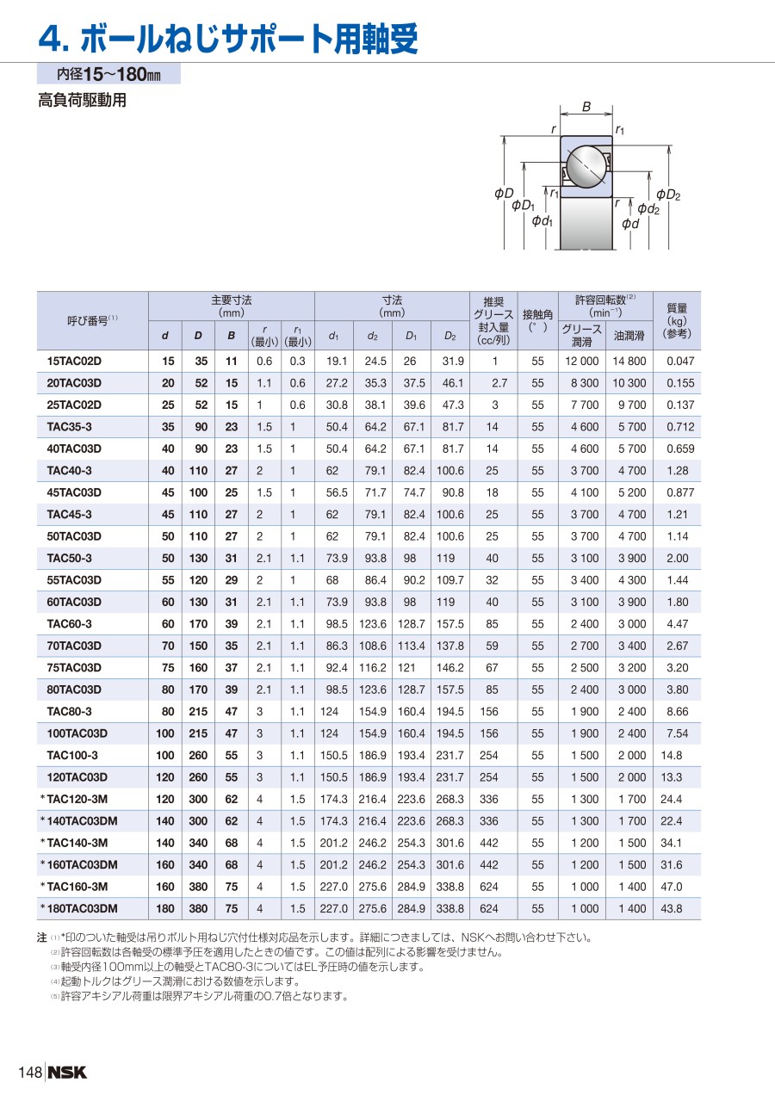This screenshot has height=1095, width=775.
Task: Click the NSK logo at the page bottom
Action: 67,1072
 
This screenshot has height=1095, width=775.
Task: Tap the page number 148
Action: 30,1072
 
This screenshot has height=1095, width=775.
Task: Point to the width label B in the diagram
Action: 586,108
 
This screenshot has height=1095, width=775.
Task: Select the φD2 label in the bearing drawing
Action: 668,195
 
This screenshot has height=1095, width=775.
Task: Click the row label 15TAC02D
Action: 74,362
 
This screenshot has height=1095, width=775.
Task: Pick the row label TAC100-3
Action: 72,755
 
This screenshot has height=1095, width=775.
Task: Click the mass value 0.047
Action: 679,362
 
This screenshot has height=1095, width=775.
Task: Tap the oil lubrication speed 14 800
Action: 629,362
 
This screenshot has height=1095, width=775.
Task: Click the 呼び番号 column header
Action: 92,319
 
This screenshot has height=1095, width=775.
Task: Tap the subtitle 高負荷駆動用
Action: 82,101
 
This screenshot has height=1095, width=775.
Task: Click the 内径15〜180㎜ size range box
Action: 108,74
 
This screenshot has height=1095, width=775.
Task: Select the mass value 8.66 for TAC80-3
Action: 678,712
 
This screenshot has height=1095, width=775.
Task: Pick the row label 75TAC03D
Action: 74,668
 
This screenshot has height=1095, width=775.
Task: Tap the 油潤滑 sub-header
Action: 629,336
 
